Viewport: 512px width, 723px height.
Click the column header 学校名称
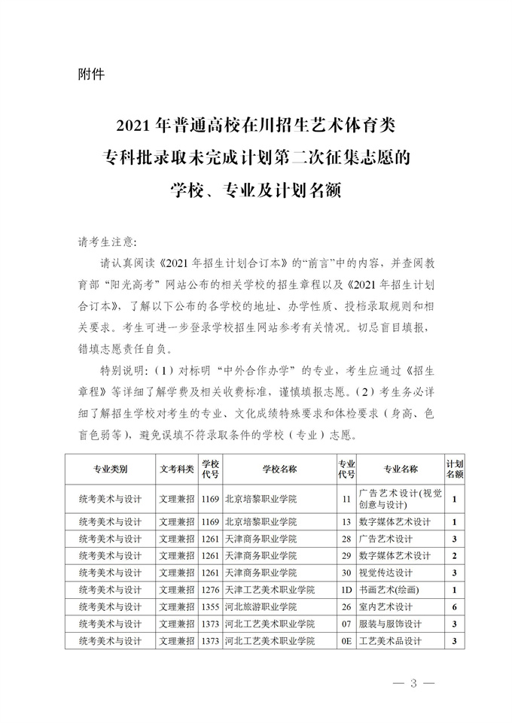[279, 469]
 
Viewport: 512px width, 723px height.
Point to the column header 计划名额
[455, 469]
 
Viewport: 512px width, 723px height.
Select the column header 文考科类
[177, 469]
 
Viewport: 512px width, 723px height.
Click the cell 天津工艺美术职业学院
[269, 589]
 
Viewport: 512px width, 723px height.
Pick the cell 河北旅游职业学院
[261, 606]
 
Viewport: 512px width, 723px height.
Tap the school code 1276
[210, 589]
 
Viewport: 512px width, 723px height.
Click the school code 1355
[210, 606]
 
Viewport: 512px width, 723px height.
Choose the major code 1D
[346, 589]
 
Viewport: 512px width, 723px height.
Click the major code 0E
[346, 641]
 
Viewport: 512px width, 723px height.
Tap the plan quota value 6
[455, 606]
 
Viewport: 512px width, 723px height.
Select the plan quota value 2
[455, 555]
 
